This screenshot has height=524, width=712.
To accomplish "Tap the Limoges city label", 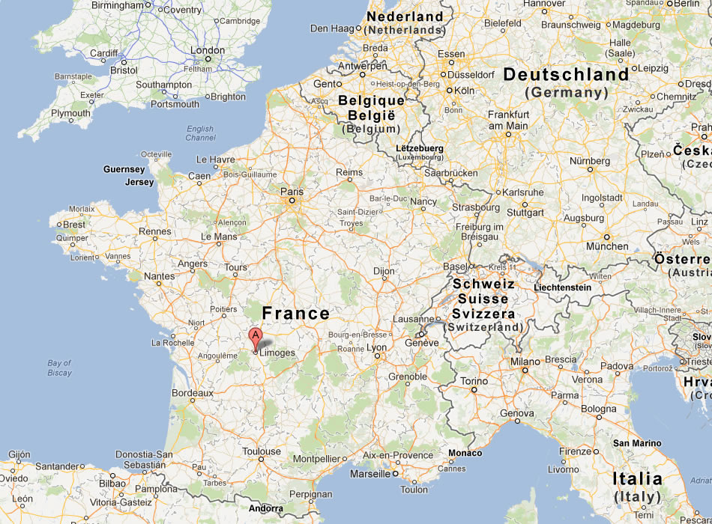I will coord(278,353).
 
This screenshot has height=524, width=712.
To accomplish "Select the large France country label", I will coord(295,314).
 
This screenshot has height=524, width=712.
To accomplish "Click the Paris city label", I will coord(292,192).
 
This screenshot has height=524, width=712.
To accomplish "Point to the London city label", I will coord(208,51).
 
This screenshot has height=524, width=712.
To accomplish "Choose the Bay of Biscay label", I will coord(59,368).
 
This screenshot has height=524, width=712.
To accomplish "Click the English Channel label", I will coord(200,133).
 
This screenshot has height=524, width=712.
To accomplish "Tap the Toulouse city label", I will coord(262,451).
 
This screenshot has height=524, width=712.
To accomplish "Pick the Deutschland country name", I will coord(566,75).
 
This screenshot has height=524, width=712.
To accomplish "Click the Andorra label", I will coord(266,508).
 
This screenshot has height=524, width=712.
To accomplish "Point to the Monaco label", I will coord(465,453).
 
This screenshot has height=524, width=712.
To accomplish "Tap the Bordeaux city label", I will coord(193,392).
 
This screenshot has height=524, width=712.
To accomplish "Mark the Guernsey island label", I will coord(124,170).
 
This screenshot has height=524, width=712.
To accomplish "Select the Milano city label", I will coord(525,362).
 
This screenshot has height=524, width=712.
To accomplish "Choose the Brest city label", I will coord(74,225).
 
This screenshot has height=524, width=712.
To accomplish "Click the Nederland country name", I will coord(405,16).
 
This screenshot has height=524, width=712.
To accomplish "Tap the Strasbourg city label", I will coord(476,207).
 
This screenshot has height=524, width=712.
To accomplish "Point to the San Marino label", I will coord(637,443).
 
